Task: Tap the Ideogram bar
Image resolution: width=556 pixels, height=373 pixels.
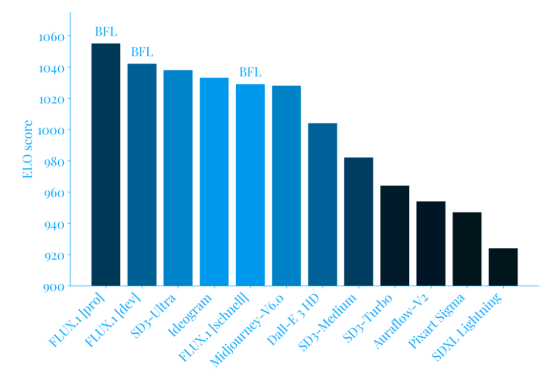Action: [x=214, y=181]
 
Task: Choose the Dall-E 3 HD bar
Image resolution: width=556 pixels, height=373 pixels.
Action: [x=323, y=204]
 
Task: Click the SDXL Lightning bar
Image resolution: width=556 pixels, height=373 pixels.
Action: [x=503, y=267]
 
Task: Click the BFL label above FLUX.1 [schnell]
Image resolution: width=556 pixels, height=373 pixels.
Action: [x=250, y=72]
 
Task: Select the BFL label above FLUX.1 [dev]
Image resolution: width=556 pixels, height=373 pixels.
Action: [x=142, y=52]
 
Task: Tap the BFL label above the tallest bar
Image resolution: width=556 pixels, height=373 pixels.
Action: [x=106, y=31]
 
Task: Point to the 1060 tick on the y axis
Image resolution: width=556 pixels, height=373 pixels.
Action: [x=51, y=37]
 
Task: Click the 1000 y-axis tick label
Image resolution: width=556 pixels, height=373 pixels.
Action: [x=51, y=130]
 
